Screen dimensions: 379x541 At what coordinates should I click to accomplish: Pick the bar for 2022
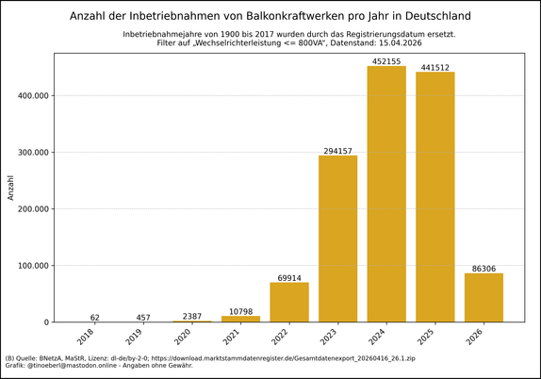[x=289, y=303]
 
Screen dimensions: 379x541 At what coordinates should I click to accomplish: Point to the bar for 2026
[x=484, y=298]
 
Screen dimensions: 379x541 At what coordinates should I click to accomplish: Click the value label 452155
[x=386, y=61]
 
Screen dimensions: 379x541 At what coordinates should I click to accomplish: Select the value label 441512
[x=434, y=67]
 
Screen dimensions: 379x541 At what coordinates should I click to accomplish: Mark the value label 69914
[x=289, y=278]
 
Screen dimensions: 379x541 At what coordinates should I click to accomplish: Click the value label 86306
[x=484, y=269]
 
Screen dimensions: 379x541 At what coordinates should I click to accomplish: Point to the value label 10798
[x=240, y=311]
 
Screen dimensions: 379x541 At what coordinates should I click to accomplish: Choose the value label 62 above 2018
[x=95, y=318]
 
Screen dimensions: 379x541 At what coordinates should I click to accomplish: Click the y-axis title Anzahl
[x=11, y=187]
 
